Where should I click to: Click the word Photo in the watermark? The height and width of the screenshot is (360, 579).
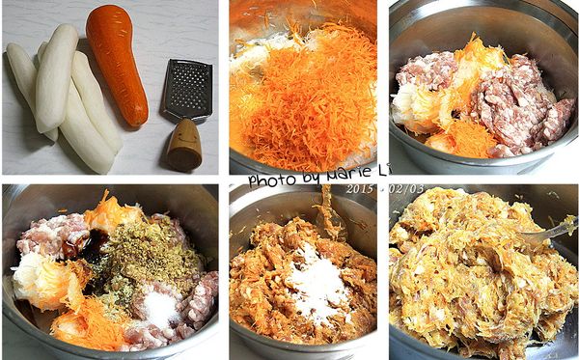269,180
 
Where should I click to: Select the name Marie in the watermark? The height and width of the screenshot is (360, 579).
341,179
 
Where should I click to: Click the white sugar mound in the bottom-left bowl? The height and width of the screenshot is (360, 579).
159,310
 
